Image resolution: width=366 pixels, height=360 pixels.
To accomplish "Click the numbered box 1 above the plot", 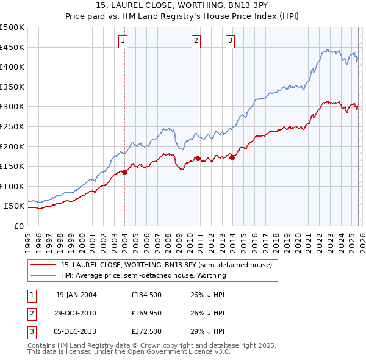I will click(123, 41).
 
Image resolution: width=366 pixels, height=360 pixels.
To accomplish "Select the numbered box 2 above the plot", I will click(196, 41).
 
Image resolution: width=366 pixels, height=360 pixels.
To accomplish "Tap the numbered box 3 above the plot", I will click(230, 41).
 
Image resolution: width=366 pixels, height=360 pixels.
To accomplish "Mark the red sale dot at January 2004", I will click(125, 172).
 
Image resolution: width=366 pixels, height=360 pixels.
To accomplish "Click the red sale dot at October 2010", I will click(198, 158).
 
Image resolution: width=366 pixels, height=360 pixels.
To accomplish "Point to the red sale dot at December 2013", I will click(232, 157).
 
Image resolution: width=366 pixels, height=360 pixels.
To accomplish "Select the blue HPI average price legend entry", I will click(143, 275).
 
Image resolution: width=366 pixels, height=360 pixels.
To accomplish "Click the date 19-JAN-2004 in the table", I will click(76, 294).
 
